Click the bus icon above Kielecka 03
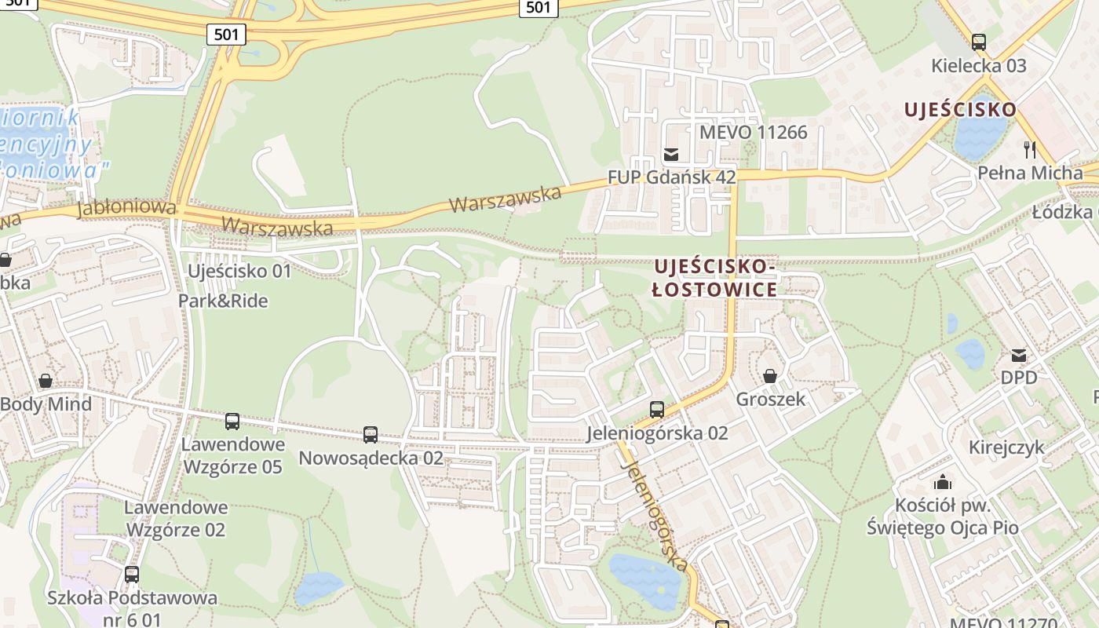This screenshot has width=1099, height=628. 978,42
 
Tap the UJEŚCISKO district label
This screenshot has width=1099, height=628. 960,110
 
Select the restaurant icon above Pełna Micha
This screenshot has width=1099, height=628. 1030,149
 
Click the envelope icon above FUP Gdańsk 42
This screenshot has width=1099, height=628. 671,154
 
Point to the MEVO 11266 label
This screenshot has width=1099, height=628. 753,132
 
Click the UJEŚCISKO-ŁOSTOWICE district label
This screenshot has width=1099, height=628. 715,278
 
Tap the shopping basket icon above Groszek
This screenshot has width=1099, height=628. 770,376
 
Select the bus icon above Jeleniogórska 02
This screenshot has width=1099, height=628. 657,409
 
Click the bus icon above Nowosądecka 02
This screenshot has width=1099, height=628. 371,434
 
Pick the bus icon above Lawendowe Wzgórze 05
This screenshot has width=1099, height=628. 232,422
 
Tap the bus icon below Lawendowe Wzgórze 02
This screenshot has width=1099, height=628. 132,574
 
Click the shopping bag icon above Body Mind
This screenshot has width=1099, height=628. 46,381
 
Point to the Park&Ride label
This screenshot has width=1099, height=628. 223,301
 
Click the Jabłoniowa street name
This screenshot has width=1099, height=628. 126,208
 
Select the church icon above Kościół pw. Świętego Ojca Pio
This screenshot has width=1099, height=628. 943,481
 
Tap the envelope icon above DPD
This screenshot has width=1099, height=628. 1019,355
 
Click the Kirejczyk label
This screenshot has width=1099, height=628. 1006,447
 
